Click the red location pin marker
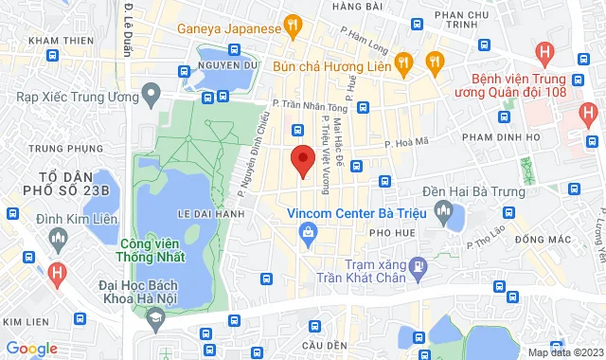tap(301, 160)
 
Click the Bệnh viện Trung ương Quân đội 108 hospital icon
tap(544, 53)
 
